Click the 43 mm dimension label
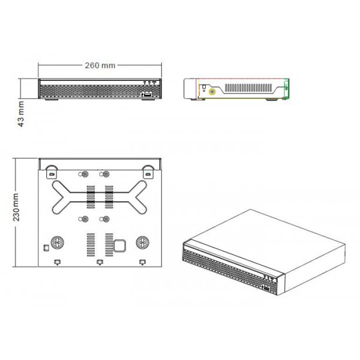tap(21, 113)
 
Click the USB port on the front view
tap(146, 94)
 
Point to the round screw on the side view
tap(212, 92)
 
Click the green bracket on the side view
tap(287, 88)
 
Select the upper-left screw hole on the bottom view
tap(85, 175)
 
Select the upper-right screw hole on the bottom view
tap(106, 175)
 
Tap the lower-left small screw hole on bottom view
tap(85, 219)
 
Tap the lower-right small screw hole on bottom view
tap(106, 219)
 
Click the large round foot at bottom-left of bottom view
tap(58, 242)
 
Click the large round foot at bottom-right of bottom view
tap(143, 242)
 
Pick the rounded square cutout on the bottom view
tap(119, 245)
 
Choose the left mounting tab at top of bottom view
tap(52, 171)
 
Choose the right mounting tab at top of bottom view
tap(147, 171)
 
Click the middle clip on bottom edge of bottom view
tap(100, 262)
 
